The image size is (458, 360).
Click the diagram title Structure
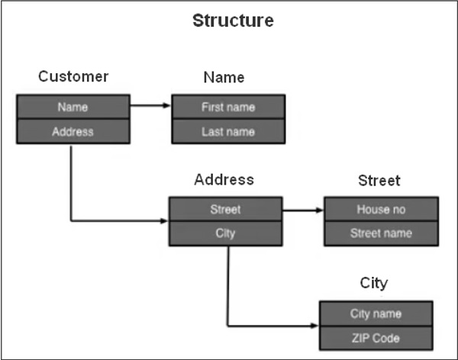(233, 21)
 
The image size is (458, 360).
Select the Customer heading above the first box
(73, 76)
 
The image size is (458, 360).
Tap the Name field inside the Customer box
(73, 108)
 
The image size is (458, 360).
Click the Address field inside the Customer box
(73, 131)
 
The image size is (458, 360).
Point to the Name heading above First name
(224, 77)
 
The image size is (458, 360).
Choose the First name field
(228, 108)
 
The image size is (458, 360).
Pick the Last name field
(228, 132)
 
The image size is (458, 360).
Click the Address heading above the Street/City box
(224, 180)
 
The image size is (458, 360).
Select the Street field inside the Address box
(225, 209)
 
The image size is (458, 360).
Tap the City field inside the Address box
(225, 233)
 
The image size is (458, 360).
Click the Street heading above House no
(379, 181)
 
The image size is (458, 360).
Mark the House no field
(381, 209)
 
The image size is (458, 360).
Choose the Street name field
(381, 233)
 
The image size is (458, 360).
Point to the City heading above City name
(374, 283)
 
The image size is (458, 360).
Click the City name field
(376, 313)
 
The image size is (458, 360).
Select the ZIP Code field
(376, 338)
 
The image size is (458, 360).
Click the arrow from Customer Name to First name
(150, 107)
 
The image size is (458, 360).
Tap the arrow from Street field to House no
(302, 209)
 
